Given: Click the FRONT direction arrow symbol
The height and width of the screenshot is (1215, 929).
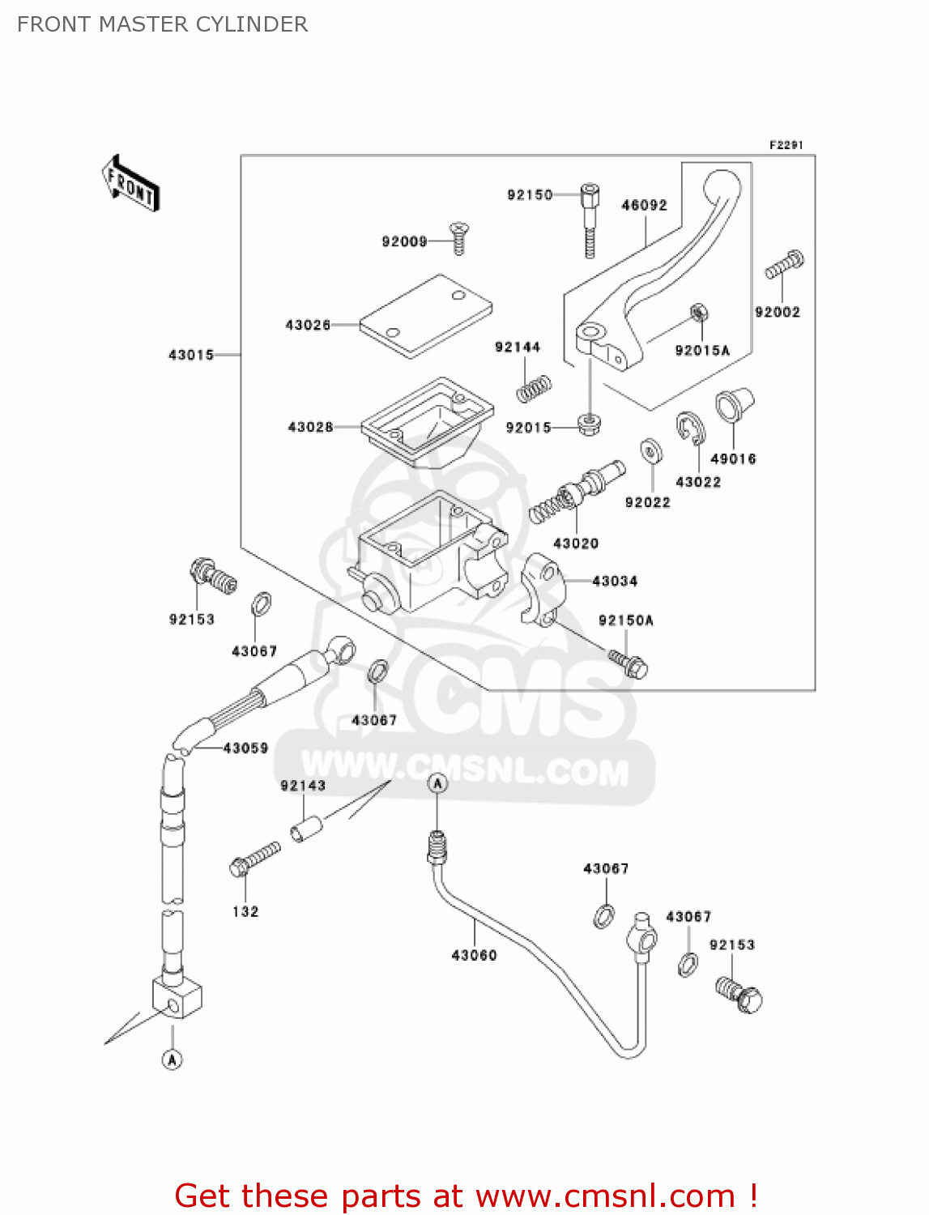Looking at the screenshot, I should (x=130, y=184).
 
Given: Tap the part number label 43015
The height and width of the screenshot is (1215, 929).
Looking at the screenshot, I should (x=191, y=355).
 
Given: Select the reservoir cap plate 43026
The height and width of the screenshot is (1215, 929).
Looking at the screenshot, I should (x=426, y=315).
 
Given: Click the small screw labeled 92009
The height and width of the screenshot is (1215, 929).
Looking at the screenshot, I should (x=459, y=239).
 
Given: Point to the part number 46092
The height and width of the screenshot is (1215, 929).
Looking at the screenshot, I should (x=644, y=206).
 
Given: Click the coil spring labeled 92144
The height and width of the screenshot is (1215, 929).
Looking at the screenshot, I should (x=534, y=389).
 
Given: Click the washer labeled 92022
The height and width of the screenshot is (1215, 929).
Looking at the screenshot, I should (x=650, y=451).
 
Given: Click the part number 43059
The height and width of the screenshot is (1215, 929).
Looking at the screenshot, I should (x=245, y=748).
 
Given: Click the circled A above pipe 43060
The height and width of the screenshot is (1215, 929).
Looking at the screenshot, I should (x=437, y=783).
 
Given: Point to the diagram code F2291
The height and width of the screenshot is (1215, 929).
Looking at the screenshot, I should (x=786, y=145).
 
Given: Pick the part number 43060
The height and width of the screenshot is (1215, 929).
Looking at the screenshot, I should (x=474, y=956).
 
